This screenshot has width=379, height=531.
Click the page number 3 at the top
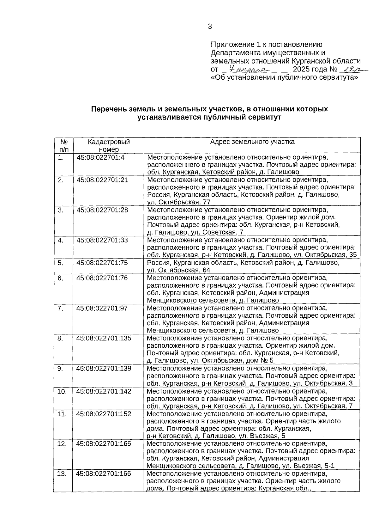pos(210,27)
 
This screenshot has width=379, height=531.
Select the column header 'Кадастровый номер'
pos(109,145)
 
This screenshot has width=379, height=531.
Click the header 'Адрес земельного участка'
pos(252,142)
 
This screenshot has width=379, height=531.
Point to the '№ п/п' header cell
pos(63,145)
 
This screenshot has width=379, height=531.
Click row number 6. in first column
pos(61,278)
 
